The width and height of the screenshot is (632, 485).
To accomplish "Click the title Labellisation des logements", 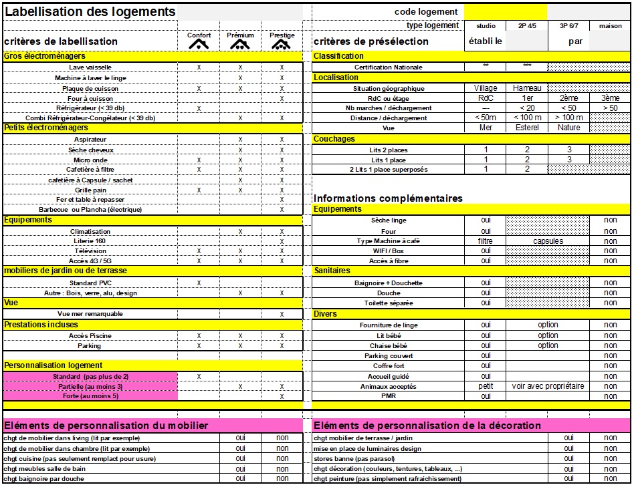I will [90, 12].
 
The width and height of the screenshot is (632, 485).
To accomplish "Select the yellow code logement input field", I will [505, 11].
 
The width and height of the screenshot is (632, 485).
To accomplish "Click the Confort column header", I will [199, 35].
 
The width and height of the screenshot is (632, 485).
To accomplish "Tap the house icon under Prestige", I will [282, 45].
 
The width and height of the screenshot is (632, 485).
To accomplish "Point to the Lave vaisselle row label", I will [90, 67].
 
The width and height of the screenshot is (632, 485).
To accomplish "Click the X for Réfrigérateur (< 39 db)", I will [199, 108].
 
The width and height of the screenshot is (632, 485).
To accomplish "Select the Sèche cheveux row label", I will [90, 150].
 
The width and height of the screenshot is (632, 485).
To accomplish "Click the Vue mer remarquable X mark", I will [282, 314].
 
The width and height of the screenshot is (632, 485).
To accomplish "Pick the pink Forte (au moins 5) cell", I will [90, 396].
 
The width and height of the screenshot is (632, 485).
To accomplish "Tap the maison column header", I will [610, 26].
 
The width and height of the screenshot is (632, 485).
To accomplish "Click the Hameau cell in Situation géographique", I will [527, 88].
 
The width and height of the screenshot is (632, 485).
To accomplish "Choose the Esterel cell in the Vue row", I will [527, 128].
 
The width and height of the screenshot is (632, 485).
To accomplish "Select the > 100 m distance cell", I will [568, 118].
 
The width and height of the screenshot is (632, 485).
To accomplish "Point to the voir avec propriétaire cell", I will [548, 386].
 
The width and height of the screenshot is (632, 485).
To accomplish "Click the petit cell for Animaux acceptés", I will [486, 386].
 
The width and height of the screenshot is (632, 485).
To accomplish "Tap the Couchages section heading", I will [334, 139].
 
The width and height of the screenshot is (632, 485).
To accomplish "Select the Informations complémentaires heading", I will [388, 198].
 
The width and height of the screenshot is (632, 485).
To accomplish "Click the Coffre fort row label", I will [388, 366].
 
